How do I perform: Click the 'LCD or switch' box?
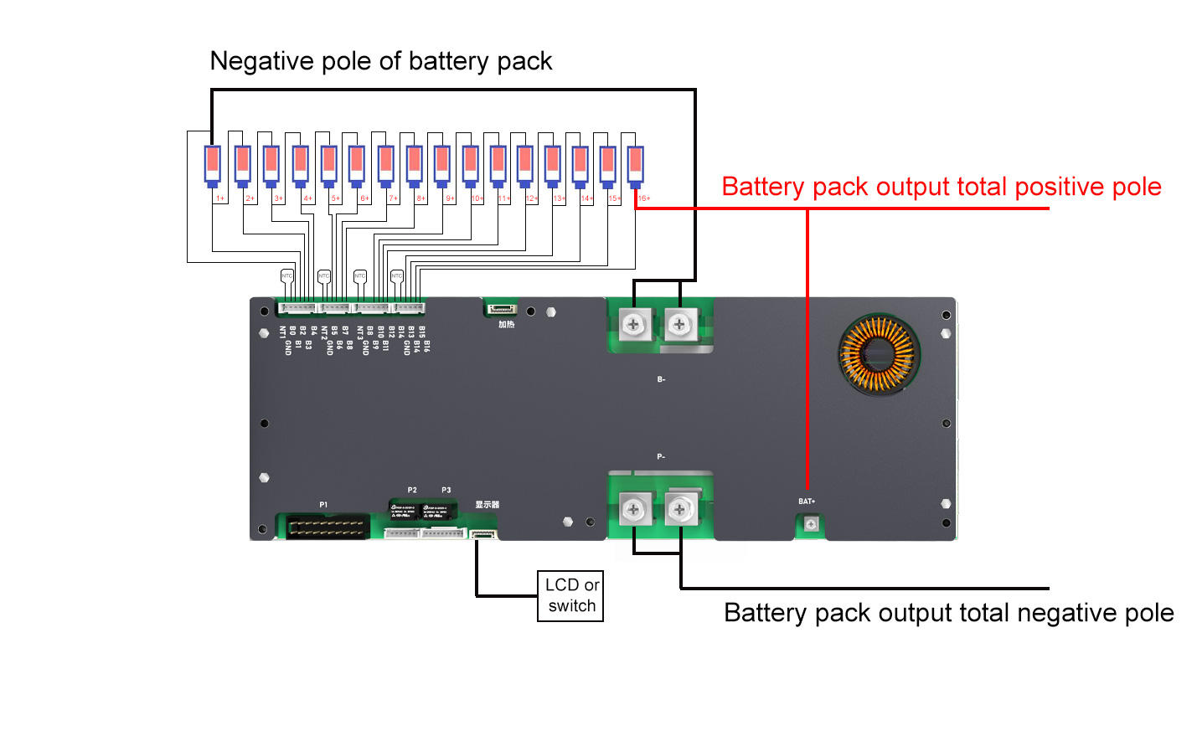tap(570, 595)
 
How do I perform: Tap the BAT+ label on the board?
tap(807, 502)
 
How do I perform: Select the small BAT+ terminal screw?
tap(810, 524)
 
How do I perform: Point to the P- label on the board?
tap(661, 456)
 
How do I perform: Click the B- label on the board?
tap(661, 379)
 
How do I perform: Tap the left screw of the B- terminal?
tap(633, 324)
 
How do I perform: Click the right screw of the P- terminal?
tap(679, 508)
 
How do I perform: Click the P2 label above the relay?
tap(412, 491)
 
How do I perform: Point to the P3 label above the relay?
tap(446, 491)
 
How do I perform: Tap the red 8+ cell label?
tap(420, 198)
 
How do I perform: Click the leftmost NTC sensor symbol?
tap(286, 275)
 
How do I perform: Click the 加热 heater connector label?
tap(506, 325)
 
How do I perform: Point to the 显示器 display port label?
tap(487, 505)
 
